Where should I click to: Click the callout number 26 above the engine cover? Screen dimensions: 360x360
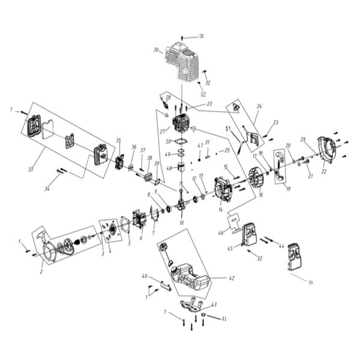coord(201,36)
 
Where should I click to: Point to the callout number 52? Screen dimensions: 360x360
coord(203,95)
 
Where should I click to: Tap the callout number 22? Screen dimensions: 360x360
coord(325,172)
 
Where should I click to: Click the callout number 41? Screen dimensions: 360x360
coord(224,318)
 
